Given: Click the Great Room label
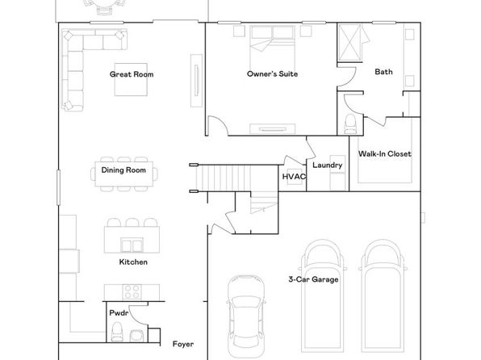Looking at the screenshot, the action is [132, 74].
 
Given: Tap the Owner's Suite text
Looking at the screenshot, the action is [273, 74].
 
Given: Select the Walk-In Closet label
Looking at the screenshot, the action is [385, 153].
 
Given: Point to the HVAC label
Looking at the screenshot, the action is [294, 177].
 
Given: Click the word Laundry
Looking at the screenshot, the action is [328, 165].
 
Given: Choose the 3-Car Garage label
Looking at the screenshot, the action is [313, 279].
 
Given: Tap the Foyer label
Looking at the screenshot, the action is [183, 344].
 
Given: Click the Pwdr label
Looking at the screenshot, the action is [119, 313].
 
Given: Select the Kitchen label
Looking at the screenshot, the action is [133, 262].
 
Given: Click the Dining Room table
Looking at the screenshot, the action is [124, 174].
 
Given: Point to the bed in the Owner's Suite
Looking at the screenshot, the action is [273, 46].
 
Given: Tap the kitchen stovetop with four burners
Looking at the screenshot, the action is [132, 292].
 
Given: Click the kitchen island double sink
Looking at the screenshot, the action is [132, 245].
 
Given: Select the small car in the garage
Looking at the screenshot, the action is [245, 316].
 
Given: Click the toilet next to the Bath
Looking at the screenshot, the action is [350, 124].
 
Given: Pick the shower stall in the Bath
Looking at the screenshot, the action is [349, 42].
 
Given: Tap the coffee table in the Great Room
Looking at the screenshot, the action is [131, 80].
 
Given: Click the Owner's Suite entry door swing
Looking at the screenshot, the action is [218, 126].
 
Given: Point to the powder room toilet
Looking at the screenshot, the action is [116, 332].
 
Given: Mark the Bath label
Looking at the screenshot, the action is [383, 72].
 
